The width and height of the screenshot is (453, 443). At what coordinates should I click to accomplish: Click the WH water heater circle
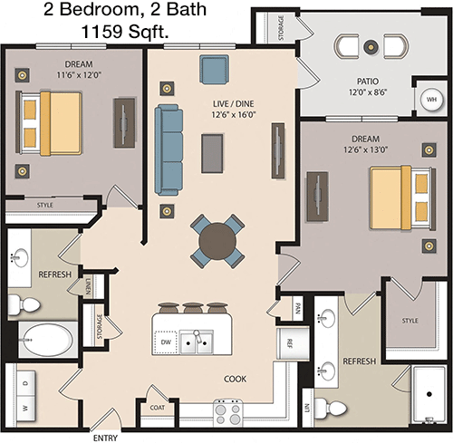click(x=431, y=100)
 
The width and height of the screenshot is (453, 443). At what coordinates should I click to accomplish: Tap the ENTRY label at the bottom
click(x=105, y=438)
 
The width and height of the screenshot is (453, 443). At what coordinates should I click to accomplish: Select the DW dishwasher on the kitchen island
click(x=166, y=342)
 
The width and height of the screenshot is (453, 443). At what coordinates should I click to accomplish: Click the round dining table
click(x=217, y=241)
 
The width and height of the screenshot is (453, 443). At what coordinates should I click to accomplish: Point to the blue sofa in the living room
click(x=169, y=149)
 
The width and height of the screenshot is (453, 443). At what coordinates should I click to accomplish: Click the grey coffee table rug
click(x=213, y=153)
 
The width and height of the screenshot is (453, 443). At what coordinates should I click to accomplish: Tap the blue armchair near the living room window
click(x=214, y=69)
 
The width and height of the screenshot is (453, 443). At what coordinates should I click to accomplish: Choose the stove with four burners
click(x=228, y=413)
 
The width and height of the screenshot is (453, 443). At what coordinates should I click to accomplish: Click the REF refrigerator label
click(x=290, y=343)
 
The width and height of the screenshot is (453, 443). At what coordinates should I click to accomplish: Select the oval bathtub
click(x=48, y=340)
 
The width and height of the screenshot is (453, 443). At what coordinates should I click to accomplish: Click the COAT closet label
click(x=158, y=408)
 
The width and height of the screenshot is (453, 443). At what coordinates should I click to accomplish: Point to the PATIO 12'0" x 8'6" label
click(x=368, y=87)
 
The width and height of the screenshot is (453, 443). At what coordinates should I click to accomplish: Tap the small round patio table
click(x=371, y=46)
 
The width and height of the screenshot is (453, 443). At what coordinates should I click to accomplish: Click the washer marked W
click(x=25, y=408)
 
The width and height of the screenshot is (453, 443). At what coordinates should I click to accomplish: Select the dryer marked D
click(x=25, y=383)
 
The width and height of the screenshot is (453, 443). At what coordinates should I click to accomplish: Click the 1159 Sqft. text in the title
click(x=125, y=32)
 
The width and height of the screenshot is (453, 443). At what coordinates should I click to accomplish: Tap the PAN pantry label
click(x=297, y=308)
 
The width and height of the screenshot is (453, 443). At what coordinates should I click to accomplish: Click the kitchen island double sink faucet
click(x=198, y=335)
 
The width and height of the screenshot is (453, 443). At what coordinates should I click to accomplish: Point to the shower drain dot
click(x=429, y=394)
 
